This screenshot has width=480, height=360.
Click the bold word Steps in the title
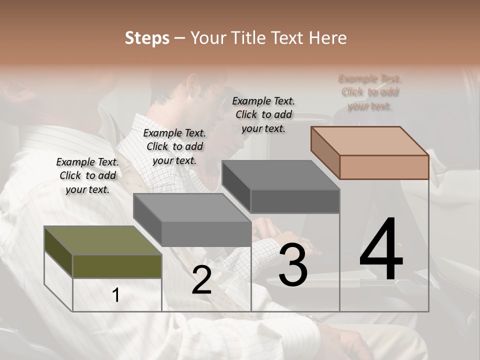tap(147, 38)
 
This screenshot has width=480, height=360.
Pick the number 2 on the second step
tap(201, 280)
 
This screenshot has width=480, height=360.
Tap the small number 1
tap(116, 295)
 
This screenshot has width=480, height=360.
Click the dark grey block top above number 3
tap(280, 175)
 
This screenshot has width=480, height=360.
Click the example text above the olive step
tap(87, 175)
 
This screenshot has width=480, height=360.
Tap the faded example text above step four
tap(370, 92)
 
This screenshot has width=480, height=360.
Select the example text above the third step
tap(263, 114)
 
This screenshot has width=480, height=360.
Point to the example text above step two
tap(174, 146)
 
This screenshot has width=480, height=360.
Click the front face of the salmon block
tap(384, 167)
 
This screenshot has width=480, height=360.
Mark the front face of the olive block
tap(117, 266)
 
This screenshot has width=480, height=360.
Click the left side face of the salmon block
tap(325, 152)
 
